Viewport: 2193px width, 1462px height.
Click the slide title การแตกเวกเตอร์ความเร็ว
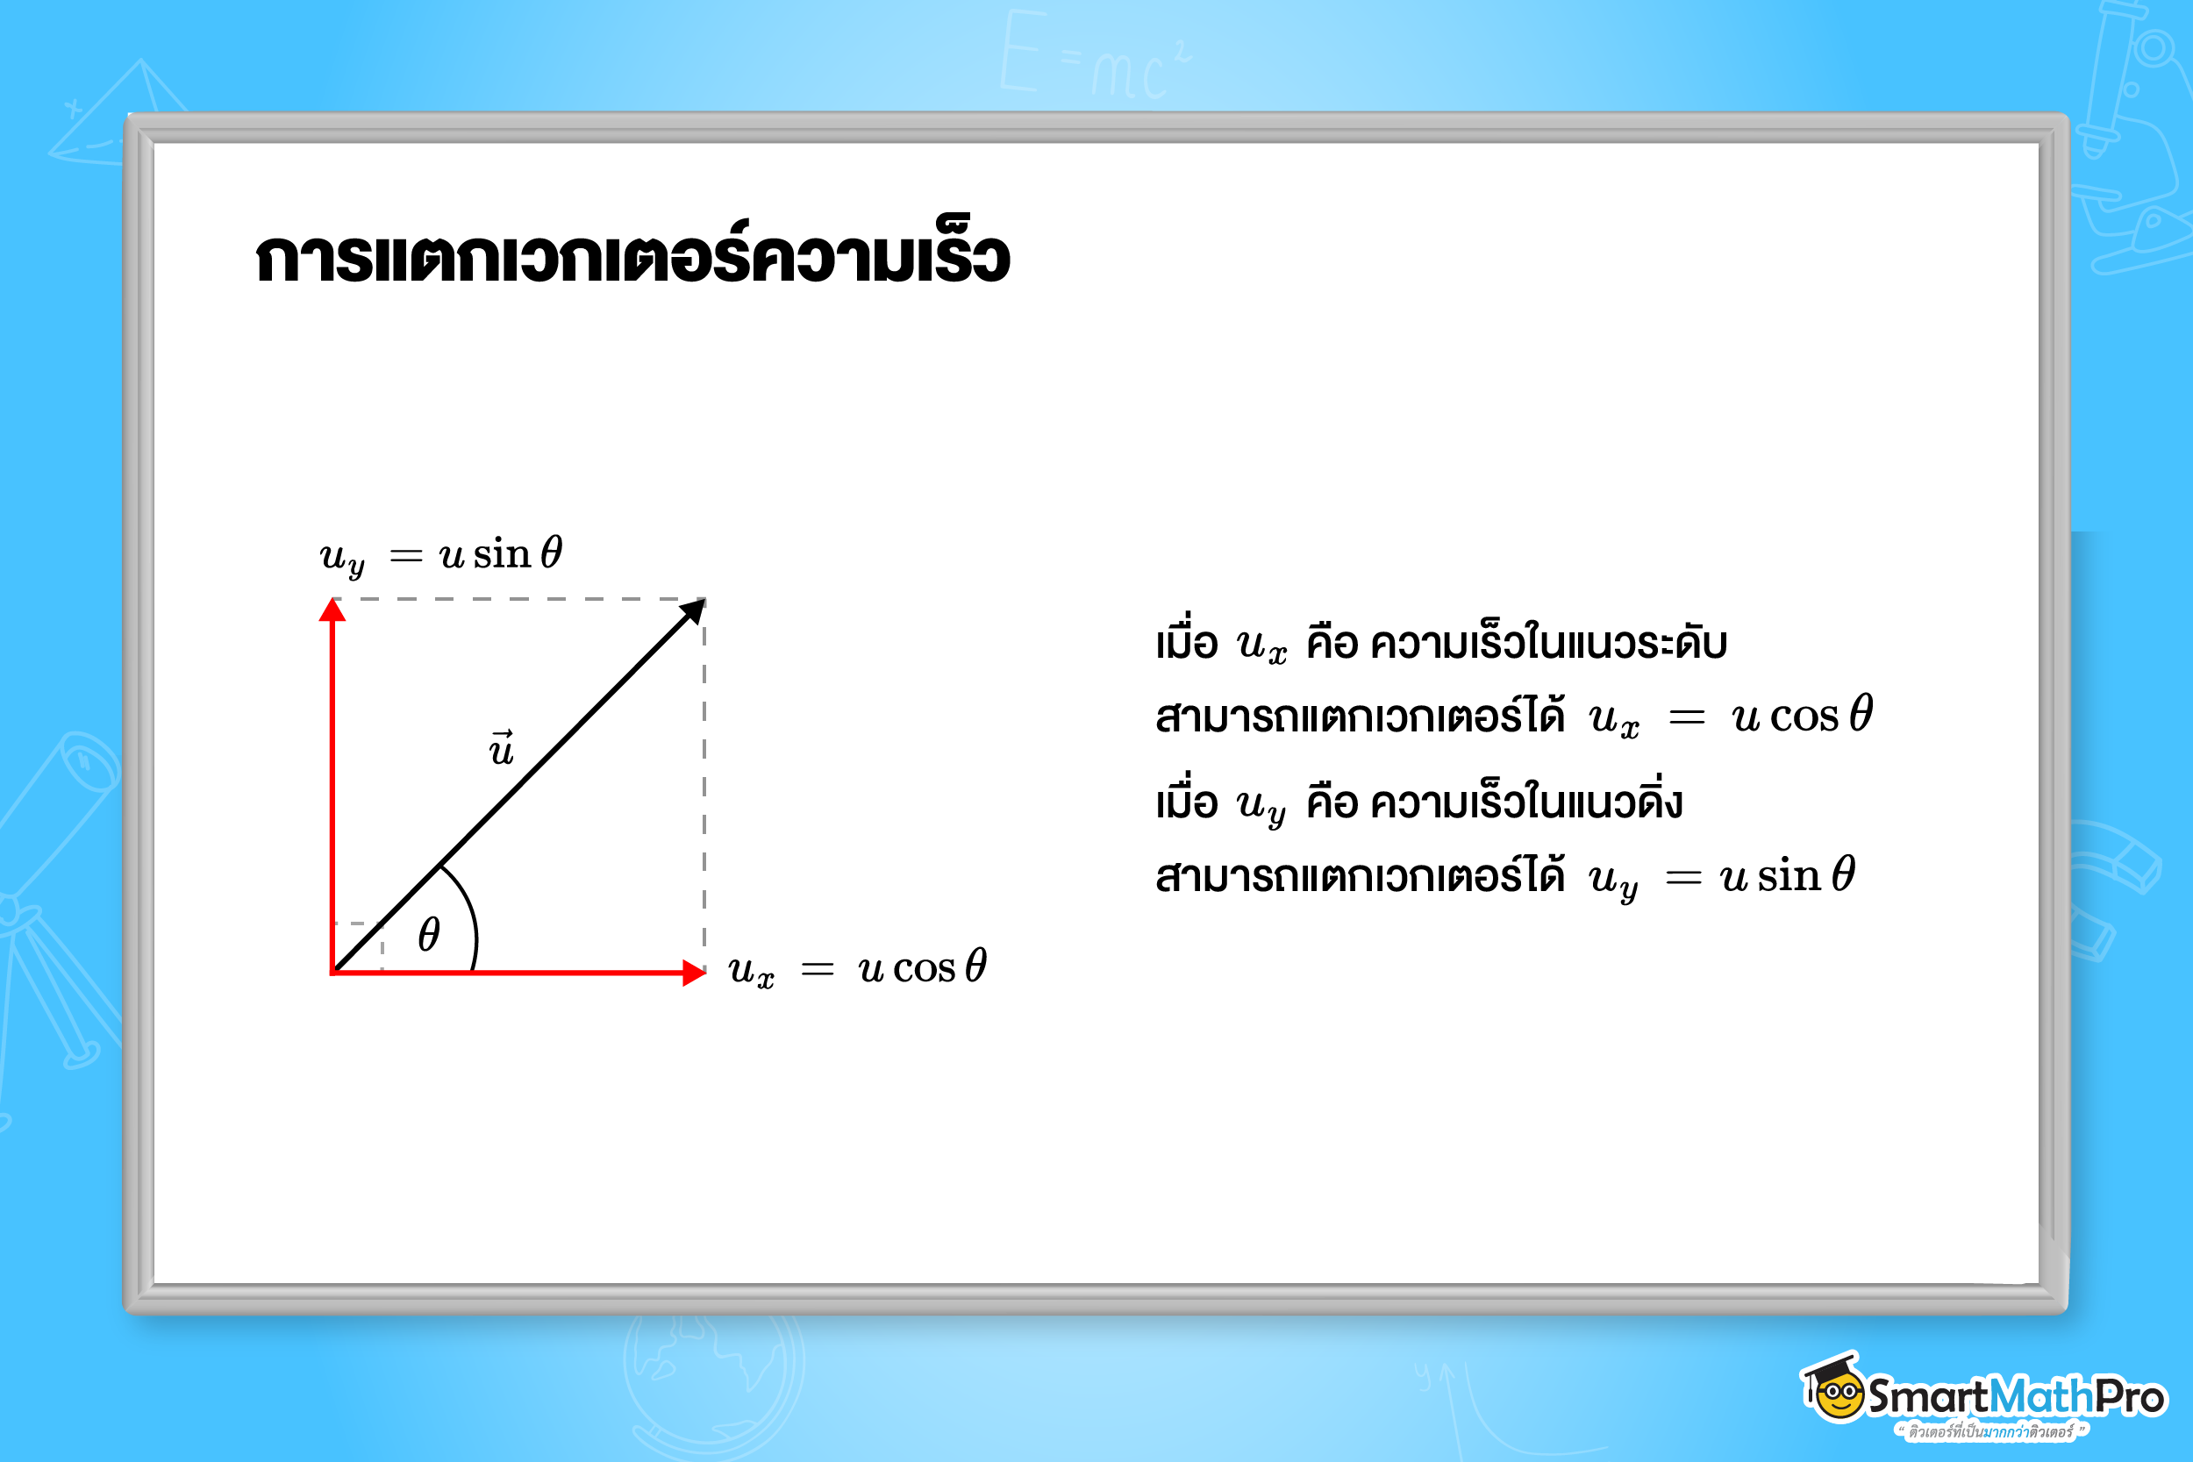pyautogui.click(x=632, y=255)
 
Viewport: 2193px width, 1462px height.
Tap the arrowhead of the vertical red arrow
pyautogui.click(x=332, y=610)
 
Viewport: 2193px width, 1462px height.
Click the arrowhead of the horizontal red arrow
pyautogui.click(x=694, y=973)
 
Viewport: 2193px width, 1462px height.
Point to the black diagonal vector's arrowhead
pyautogui.click(x=693, y=611)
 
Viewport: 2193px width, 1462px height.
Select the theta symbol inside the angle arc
pyautogui.click(x=429, y=933)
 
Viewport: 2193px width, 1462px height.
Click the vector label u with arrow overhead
pyautogui.click(x=502, y=749)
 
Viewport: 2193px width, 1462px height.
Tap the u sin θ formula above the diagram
pyautogui.click(x=441, y=556)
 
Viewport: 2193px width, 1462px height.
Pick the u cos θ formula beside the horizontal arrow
pyautogui.click(x=857, y=968)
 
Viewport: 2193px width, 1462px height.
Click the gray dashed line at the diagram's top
pyautogui.click(x=522, y=599)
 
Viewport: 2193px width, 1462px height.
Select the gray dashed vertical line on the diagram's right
pyautogui.click(x=704, y=783)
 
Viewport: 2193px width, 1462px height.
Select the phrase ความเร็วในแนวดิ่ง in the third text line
pyautogui.click(x=1526, y=802)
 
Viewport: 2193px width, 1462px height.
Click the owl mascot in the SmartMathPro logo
pyautogui.click(x=1835, y=1389)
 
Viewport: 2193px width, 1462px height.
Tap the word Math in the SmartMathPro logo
pyautogui.click(x=2041, y=1397)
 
